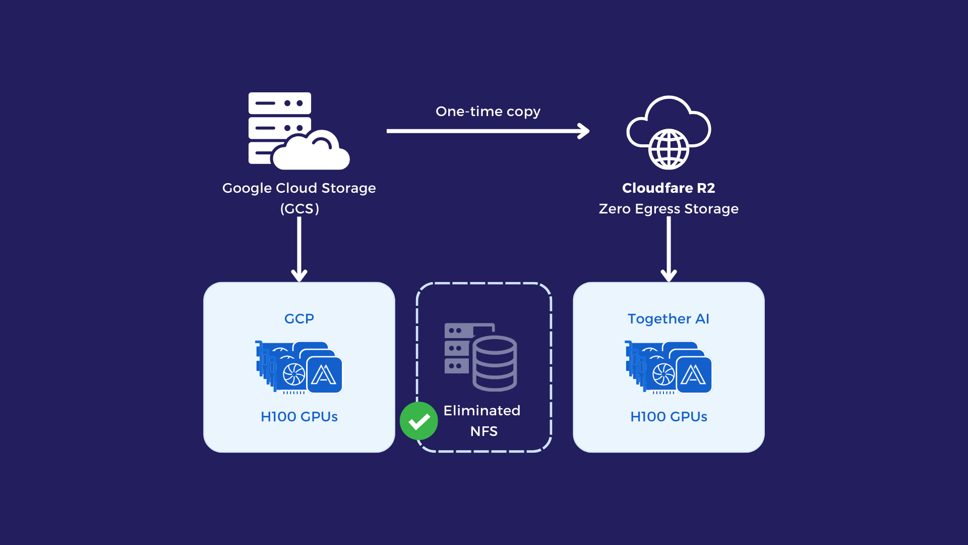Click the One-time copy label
pos(488,112)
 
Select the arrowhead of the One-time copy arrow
pos(584,131)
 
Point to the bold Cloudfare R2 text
pos(669,188)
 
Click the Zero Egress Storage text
pos(669,209)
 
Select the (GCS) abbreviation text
pos(299,209)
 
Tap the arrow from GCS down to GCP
pos(299,250)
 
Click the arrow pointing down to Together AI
pos(669,250)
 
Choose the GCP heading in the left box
pos(299,319)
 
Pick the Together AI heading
pos(669,319)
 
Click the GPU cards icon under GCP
pos(299,367)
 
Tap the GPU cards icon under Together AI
pos(669,367)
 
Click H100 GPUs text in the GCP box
pos(299,417)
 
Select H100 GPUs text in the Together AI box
pos(669,417)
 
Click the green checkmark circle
pos(419,421)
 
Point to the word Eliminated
pos(482,411)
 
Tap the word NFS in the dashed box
pos(484,431)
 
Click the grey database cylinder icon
pos(494,363)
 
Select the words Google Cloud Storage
pos(299,188)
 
